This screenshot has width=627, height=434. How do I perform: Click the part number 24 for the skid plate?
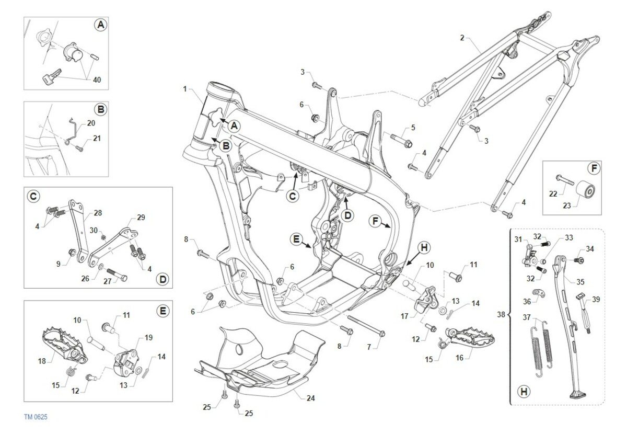[x=310, y=398]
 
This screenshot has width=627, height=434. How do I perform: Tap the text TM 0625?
[x=36, y=417]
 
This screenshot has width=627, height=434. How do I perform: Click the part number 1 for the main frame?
[x=185, y=89]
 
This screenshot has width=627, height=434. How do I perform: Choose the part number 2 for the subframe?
[x=462, y=38]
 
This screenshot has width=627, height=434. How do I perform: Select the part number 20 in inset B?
[x=91, y=123]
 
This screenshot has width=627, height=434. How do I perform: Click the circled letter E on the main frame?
[x=296, y=239]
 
